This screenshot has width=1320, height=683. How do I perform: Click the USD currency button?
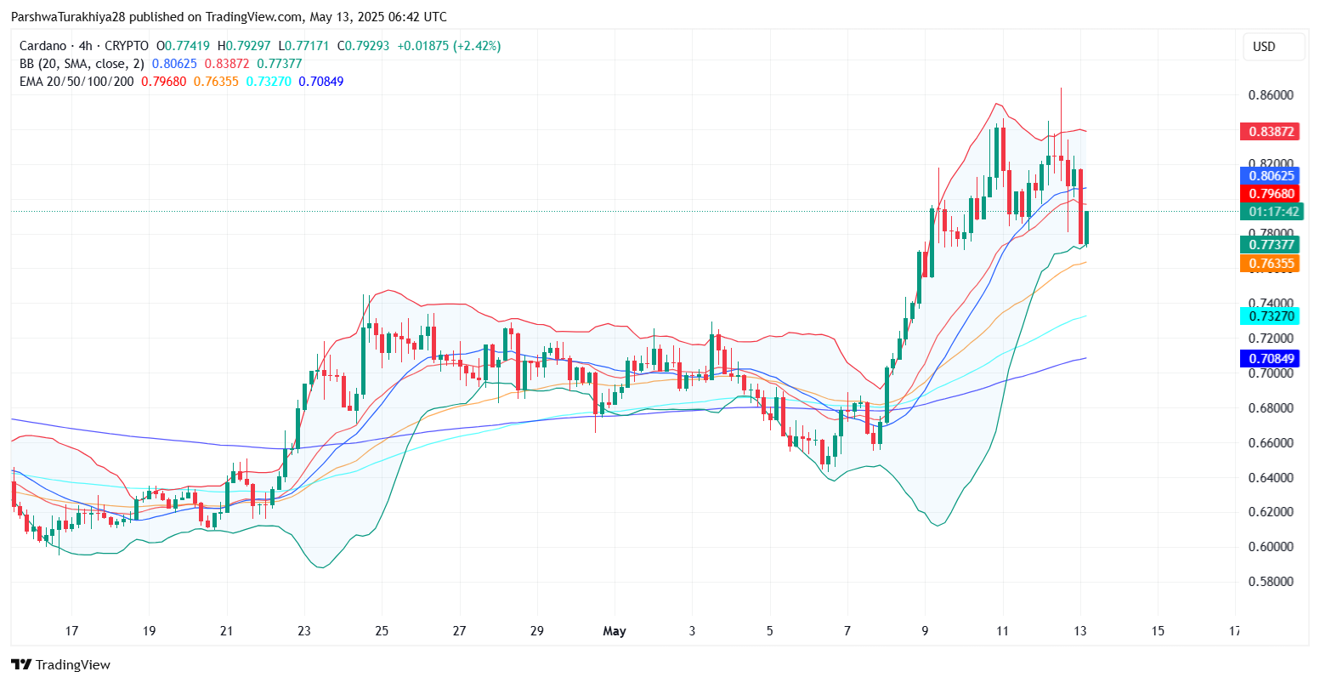1272,47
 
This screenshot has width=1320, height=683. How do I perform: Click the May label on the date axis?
614,631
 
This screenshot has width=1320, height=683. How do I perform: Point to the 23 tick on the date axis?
304,631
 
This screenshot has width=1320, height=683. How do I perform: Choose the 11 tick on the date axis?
1002,631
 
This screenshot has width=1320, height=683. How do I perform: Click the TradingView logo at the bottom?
60,665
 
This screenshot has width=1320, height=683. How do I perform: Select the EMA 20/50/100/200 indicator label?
76,82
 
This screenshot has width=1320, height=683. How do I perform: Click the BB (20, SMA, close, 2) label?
82,64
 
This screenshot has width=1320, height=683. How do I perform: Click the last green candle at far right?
1086,227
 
